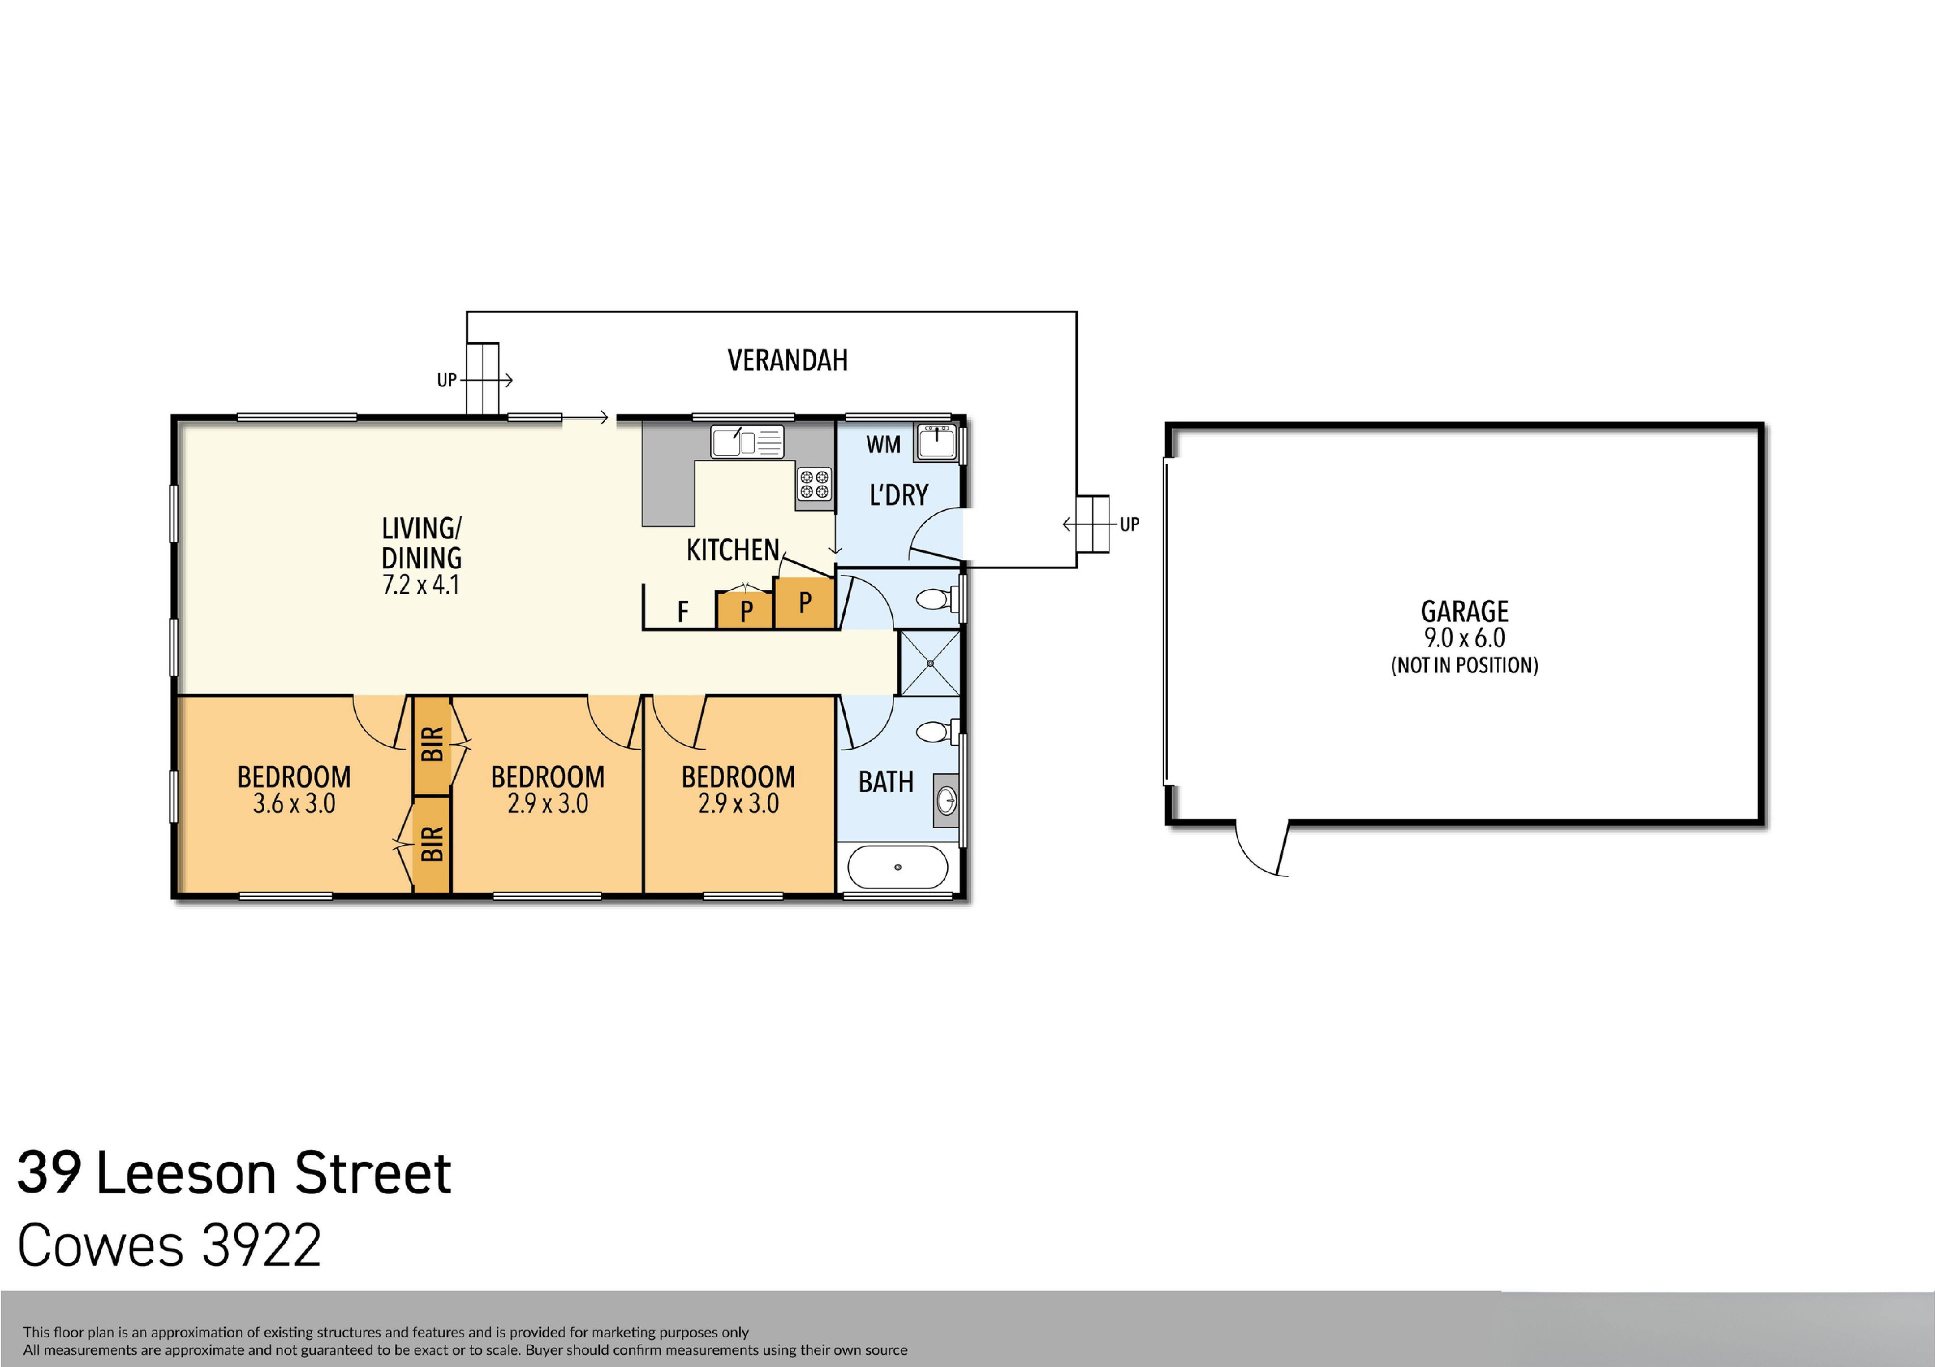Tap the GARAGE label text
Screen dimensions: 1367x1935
[1464, 611]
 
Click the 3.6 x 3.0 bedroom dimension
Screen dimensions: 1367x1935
[294, 803]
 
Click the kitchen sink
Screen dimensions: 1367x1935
[747, 442]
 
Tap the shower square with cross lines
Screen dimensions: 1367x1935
[930, 663]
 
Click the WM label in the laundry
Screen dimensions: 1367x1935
[883, 444]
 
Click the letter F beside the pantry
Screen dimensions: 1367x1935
[683, 611]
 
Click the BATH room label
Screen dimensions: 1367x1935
[886, 782]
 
